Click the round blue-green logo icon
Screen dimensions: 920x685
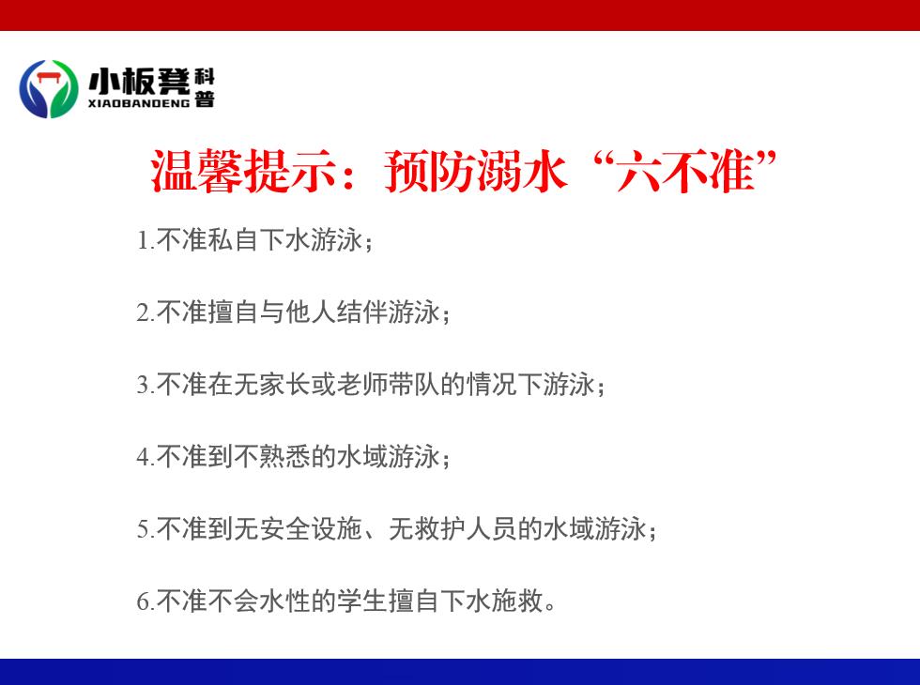[x=49, y=88]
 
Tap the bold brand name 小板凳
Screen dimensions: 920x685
[x=140, y=81]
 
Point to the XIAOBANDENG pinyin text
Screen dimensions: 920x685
[x=139, y=103]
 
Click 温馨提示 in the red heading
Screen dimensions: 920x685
[x=243, y=171]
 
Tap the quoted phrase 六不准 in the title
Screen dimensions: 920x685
[x=685, y=171]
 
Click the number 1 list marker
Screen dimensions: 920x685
[x=143, y=240]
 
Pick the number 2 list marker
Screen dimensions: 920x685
[x=144, y=312]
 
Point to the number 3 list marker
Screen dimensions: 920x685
[x=144, y=386]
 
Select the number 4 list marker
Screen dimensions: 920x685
[x=144, y=458]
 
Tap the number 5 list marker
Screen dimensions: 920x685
[x=144, y=529]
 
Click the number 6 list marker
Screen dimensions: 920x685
[x=144, y=601]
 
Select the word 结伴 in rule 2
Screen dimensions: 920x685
[x=362, y=312]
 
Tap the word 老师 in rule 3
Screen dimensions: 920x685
[x=362, y=385]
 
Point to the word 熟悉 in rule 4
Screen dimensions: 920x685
[x=285, y=457]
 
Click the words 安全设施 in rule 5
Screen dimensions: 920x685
[x=285, y=529]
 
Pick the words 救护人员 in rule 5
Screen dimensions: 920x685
[x=466, y=529]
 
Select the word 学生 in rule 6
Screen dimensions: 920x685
[x=362, y=601]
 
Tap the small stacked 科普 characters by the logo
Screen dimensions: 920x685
[x=205, y=87]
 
